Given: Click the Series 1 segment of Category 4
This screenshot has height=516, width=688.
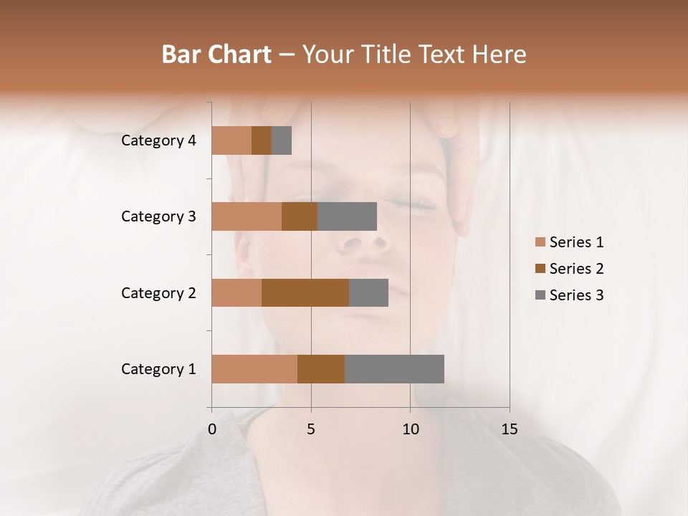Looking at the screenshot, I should coord(231,140).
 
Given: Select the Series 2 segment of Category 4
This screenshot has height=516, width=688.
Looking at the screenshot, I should coord(262,140).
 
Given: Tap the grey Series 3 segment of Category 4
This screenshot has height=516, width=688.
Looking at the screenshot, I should coord(282,140).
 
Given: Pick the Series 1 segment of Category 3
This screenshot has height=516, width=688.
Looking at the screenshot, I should coord(247,216).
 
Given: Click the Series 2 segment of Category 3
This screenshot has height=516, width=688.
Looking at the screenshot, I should coord(300,216).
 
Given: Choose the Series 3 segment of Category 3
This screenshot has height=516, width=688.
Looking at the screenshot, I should coord(347,216).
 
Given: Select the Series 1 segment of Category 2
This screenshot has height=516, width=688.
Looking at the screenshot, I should coord(236,292).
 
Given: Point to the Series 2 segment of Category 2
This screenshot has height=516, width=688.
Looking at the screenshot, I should coord(305,292).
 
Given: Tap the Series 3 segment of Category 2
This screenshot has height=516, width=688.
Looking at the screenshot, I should coord(368,292).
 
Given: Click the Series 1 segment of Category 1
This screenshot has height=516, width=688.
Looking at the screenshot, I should coord(254,369).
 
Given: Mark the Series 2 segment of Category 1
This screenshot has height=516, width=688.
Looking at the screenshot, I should coord(321,369).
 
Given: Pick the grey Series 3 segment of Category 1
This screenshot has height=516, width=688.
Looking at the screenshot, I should coord(394,369).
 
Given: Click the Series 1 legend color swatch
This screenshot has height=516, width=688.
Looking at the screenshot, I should coord(540,242).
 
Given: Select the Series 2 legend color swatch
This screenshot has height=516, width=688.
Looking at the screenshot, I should coord(540,269).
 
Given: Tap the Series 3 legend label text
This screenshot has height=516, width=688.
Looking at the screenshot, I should coord(576,295).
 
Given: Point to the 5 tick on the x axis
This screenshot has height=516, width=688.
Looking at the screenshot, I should coord(311,429).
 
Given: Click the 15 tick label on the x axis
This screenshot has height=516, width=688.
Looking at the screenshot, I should coord(509,429).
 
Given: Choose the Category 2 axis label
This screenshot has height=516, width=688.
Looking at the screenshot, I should coord(158,292).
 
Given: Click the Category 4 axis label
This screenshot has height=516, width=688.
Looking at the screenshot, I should coord(158,140).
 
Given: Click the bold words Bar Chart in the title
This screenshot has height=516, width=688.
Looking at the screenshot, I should coord(216,54).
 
